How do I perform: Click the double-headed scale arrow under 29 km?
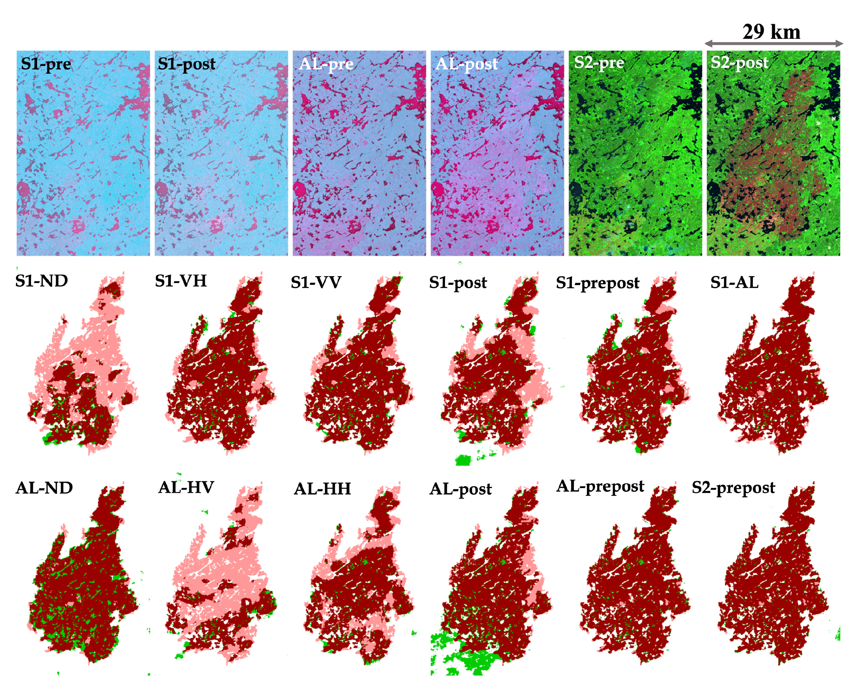point(774,44)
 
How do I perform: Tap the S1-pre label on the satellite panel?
point(46,64)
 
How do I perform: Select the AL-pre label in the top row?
point(326,64)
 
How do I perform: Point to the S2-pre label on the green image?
point(599,63)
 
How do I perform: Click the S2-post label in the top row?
point(739,63)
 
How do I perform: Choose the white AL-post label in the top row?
point(466,64)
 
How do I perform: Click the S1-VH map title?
point(181,281)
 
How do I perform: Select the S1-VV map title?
point(316,283)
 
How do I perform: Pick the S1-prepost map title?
point(597,283)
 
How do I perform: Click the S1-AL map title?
point(734,283)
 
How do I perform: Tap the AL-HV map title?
point(186,487)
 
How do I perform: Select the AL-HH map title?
point(322,489)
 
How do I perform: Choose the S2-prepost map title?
point(733,488)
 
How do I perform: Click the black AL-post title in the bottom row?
point(460,489)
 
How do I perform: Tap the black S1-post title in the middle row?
point(458,283)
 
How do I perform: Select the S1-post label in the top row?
point(186,64)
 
